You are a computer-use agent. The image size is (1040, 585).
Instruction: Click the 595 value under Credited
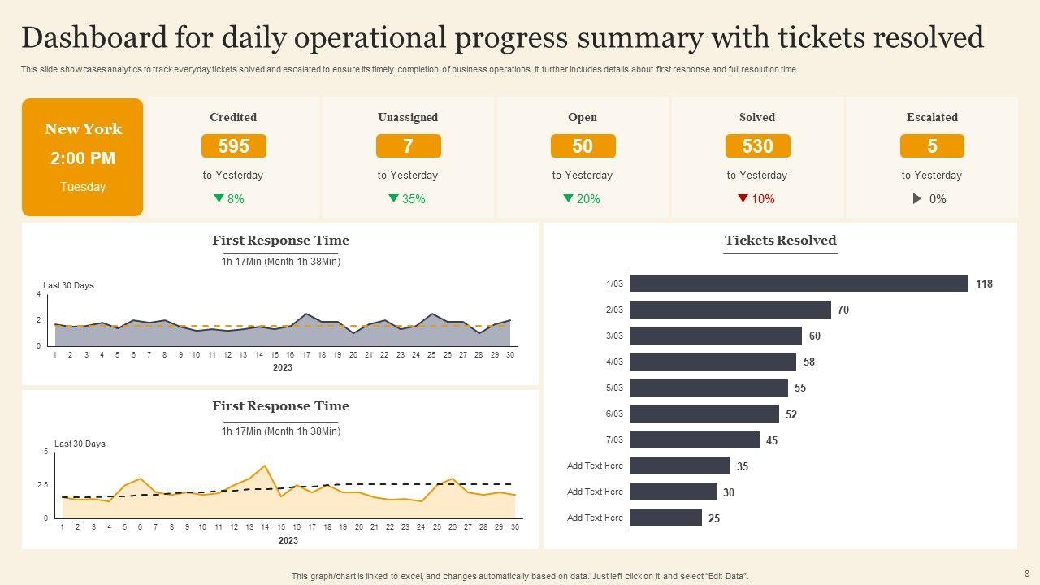point(233,146)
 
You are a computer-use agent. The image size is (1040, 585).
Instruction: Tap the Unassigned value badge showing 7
point(408,146)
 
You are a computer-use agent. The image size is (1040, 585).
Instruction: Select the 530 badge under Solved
point(757,146)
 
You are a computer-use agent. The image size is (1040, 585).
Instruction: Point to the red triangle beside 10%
point(743,198)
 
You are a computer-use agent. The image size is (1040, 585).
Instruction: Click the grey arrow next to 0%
point(917,198)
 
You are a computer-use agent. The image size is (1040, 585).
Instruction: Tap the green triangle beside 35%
point(393,198)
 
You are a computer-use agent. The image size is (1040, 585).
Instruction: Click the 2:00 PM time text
point(83,158)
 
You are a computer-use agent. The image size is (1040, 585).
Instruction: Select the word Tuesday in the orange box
point(83,187)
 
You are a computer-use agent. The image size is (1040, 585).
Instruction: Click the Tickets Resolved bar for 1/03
point(799,284)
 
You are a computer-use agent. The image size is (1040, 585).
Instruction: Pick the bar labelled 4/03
point(713,362)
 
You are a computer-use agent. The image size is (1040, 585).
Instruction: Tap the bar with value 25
point(665,518)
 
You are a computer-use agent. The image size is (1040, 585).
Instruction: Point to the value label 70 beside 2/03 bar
point(843,310)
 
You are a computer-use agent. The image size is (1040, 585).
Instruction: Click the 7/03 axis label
point(614,440)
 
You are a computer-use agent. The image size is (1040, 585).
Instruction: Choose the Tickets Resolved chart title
point(780,240)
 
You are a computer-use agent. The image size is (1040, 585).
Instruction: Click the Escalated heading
point(932,117)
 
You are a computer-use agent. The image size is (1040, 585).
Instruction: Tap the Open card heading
point(583,117)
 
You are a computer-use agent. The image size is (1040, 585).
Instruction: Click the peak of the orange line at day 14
point(265,466)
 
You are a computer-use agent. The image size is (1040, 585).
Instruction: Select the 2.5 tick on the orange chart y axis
point(44,484)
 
